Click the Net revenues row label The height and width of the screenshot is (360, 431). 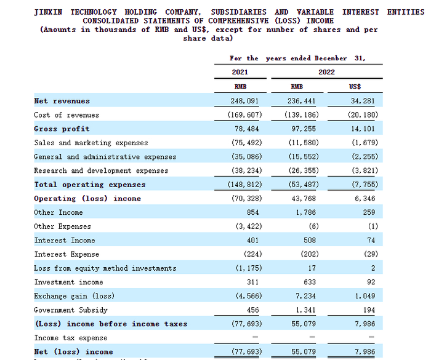[x=62, y=101]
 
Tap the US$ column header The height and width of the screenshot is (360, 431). [x=355, y=87]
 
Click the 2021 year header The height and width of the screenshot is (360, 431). [x=240, y=72]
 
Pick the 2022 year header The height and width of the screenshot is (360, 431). [x=326, y=72]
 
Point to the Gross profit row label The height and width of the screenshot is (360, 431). [x=62, y=129]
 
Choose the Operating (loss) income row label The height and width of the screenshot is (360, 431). [x=87, y=198]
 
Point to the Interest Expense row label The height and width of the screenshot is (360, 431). [x=66, y=254]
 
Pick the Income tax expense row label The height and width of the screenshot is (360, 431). [x=70, y=338]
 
